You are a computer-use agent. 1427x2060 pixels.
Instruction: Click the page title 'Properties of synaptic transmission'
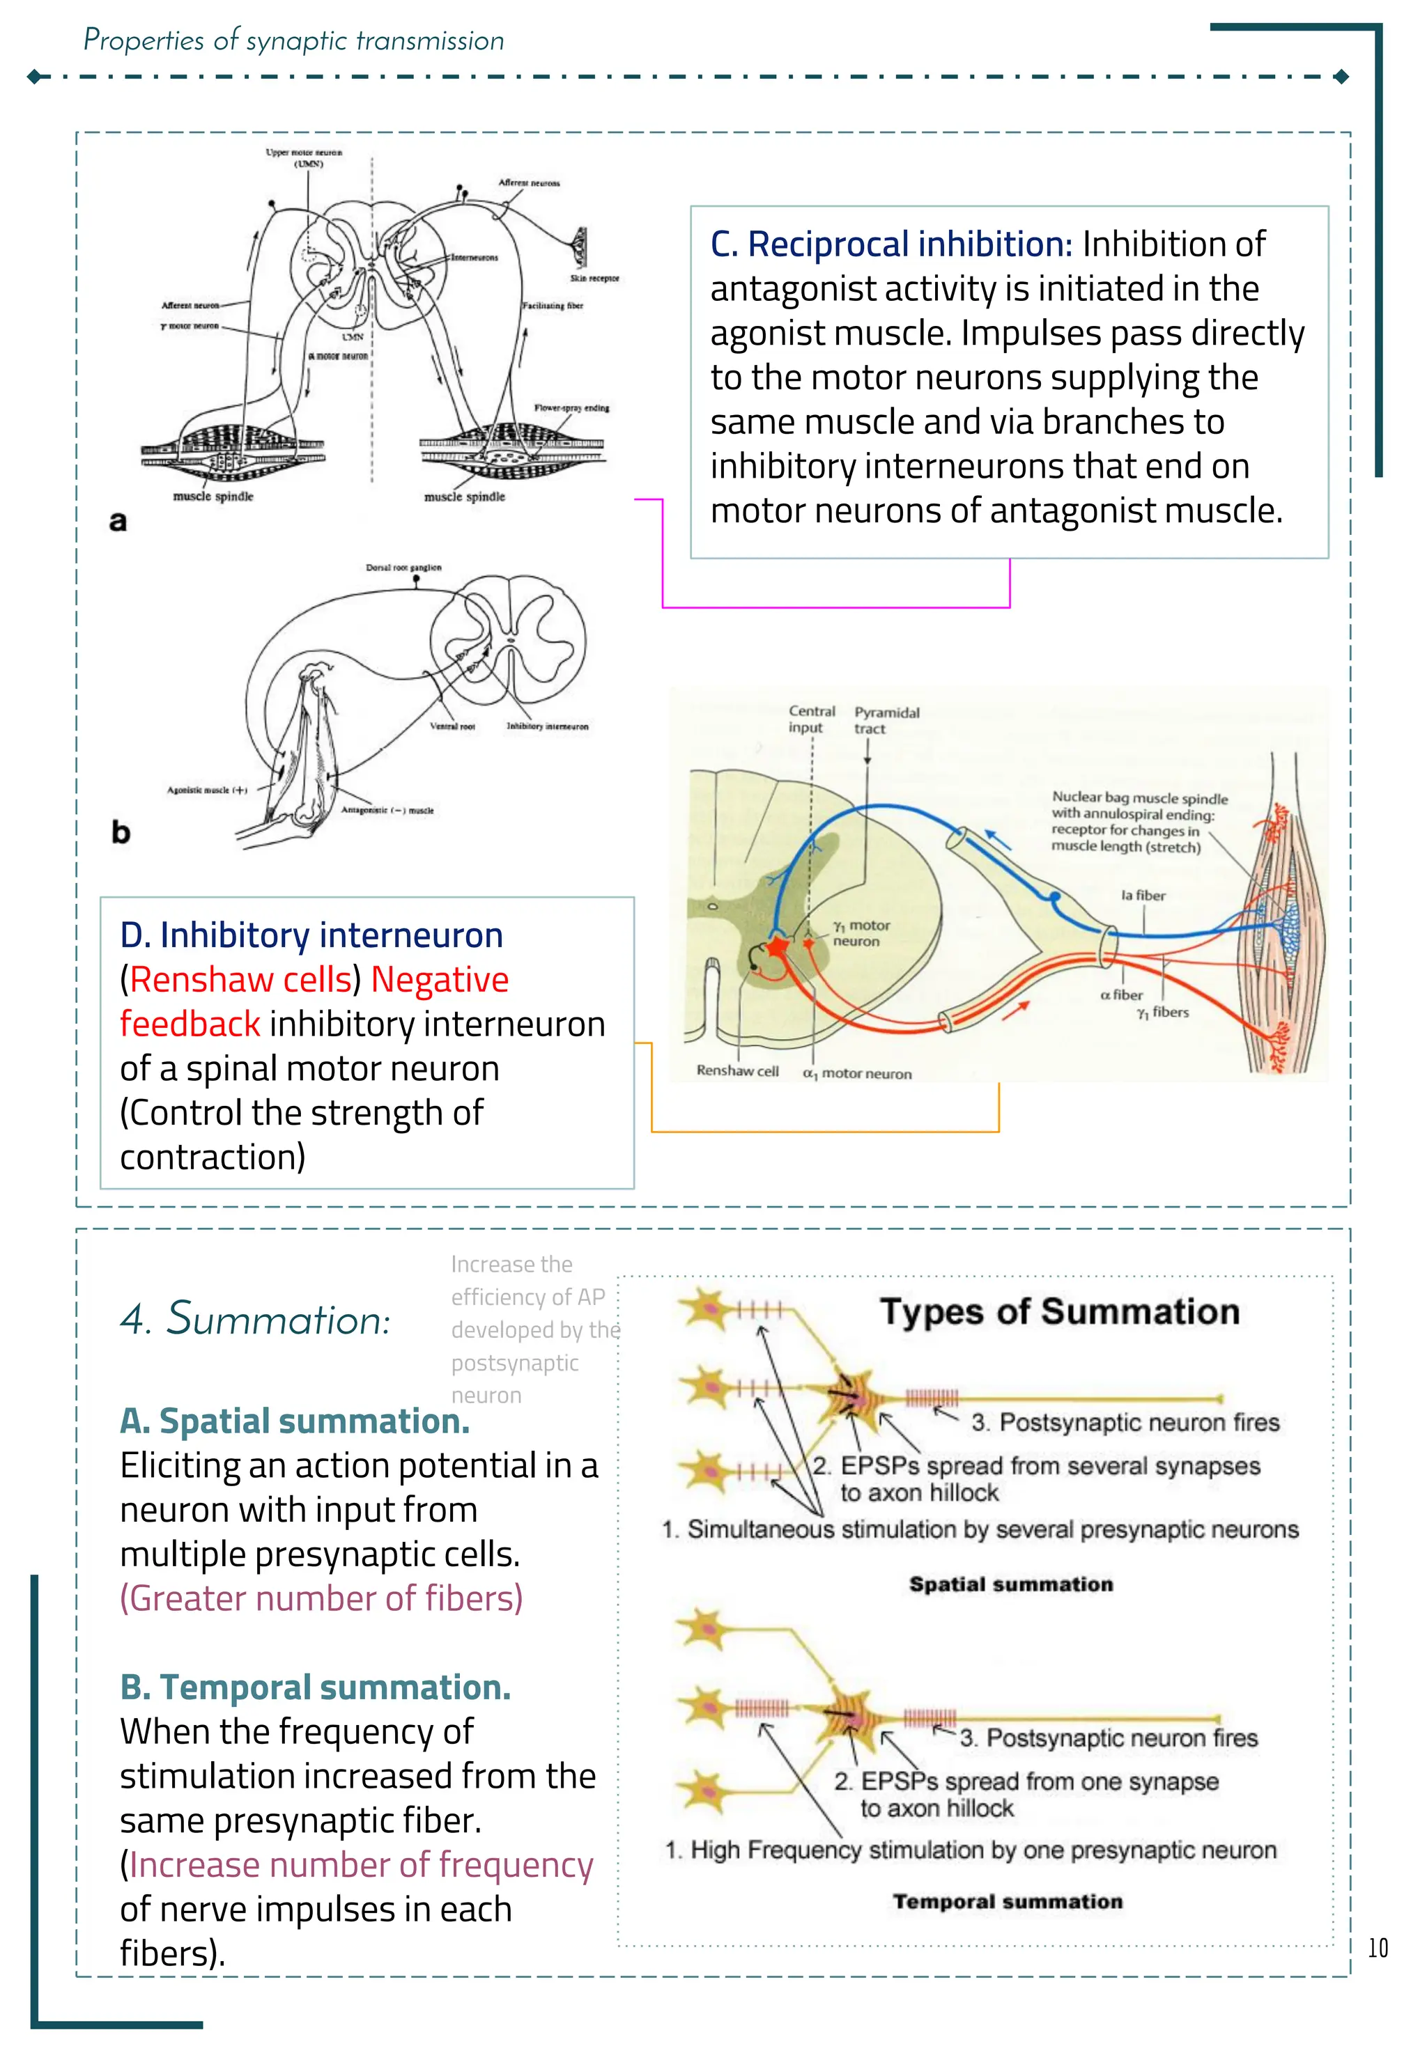tap(293, 41)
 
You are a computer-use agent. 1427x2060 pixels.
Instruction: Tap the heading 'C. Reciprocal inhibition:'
tap(890, 244)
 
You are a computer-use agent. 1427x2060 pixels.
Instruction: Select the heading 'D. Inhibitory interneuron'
tap(311, 935)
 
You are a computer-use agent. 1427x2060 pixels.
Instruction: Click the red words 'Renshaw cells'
tap(240, 979)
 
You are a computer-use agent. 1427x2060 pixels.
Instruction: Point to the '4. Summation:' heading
tap(256, 1319)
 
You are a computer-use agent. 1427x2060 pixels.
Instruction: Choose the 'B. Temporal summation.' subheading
tap(315, 1687)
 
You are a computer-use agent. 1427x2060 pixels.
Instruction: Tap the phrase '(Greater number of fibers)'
tap(321, 1598)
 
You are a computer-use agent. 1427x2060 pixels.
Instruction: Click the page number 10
tap(1377, 1949)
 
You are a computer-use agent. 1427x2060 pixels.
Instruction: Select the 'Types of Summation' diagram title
tap(1060, 1312)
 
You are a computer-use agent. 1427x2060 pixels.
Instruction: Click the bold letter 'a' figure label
tap(118, 521)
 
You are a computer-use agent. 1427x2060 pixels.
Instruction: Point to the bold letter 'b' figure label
tap(121, 832)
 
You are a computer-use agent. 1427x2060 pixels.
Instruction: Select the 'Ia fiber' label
tap(1143, 896)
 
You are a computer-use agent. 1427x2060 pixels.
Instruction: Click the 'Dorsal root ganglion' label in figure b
tap(403, 568)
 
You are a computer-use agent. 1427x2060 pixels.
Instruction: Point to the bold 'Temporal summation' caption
tap(1007, 1902)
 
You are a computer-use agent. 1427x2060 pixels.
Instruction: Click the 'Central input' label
tap(811, 719)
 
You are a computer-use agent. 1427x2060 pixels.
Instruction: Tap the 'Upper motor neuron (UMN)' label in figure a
tap(303, 158)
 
